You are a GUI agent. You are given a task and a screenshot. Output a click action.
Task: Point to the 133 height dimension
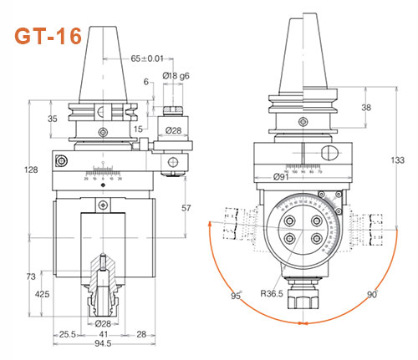tap(398, 158)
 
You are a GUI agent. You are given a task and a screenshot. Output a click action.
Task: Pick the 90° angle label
tap(370, 293)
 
